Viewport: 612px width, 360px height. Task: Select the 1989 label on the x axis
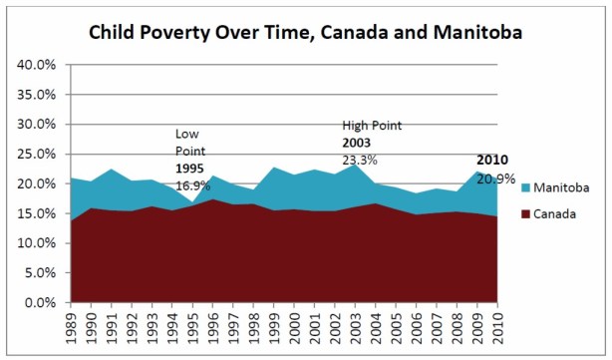71,328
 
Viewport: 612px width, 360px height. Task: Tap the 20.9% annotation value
495,179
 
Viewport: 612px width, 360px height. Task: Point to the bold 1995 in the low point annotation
189,168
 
